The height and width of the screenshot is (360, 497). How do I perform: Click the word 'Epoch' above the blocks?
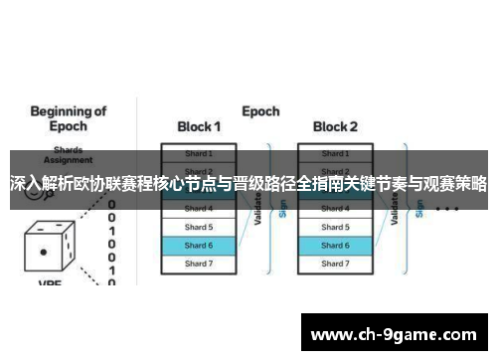pyautogui.click(x=260, y=111)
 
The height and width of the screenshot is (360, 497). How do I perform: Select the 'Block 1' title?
pyautogui.click(x=199, y=127)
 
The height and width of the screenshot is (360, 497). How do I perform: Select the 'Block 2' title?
pyautogui.click(x=335, y=127)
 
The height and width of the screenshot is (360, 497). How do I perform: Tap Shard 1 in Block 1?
pyautogui.click(x=199, y=154)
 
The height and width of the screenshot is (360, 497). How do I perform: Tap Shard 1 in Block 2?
pyautogui.click(x=335, y=154)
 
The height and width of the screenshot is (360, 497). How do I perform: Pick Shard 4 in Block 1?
pyautogui.click(x=199, y=209)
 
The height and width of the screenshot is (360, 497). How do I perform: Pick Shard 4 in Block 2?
pyautogui.click(x=335, y=209)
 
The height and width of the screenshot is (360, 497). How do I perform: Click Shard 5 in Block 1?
pyautogui.click(x=199, y=227)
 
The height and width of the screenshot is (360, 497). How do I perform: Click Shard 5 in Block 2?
pyautogui.click(x=335, y=227)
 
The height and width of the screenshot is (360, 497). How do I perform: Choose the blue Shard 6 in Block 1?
pyautogui.click(x=199, y=245)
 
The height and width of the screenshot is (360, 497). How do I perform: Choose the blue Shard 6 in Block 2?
pyautogui.click(x=335, y=245)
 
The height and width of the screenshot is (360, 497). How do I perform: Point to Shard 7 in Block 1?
pyautogui.click(x=199, y=264)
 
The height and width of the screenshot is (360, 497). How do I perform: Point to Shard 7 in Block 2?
pyautogui.click(x=335, y=264)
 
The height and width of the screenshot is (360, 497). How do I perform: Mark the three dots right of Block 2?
pyautogui.click(x=446, y=210)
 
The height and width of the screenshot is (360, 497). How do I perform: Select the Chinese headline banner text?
pyautogui.click(x=248, y=185)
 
